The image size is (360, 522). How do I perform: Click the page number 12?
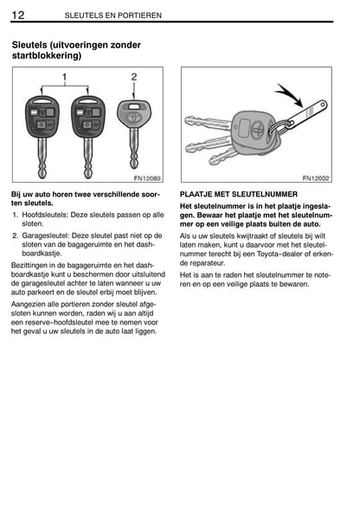[18, 15]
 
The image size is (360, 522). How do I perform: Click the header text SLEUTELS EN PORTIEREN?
[113, 16]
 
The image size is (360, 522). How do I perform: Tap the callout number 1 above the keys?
[65, 77]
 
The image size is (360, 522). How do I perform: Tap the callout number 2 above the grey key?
[134, 77]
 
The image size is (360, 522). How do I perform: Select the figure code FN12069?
[147, 178]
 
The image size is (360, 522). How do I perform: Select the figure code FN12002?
[316, 178]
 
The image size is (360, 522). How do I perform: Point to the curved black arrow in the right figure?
[289, 95]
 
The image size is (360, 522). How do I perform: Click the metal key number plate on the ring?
[305, 115]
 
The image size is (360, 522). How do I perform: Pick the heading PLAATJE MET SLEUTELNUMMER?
[239, 195]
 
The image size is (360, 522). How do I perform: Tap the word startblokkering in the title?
[45, 55]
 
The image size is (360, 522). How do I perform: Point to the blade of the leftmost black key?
[42, 158]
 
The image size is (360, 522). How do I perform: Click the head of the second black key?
[88, 117]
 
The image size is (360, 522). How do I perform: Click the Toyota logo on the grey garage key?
[134, 118]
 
